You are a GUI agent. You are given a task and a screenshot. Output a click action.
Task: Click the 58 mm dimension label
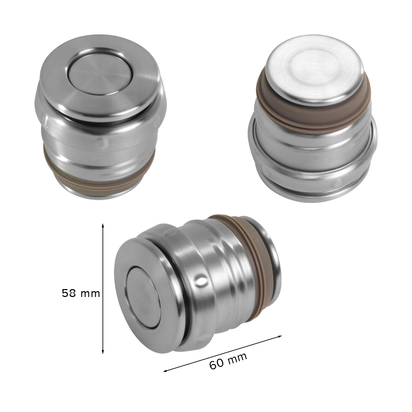point(81,293)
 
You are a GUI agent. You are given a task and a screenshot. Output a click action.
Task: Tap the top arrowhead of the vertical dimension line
point(103,226)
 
